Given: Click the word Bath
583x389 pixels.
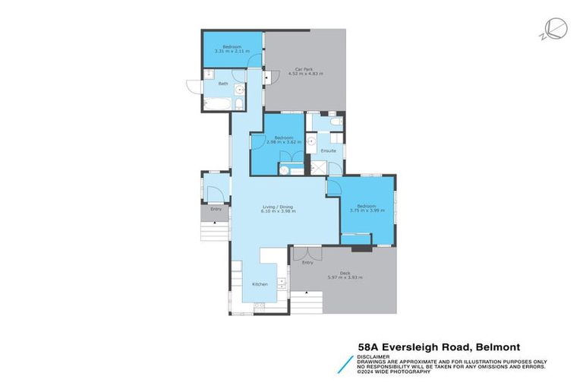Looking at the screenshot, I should tap(223, 84).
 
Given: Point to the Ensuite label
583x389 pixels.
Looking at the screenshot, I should tap(328, 150).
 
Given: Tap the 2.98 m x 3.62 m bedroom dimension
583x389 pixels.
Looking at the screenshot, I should tap(277, 142).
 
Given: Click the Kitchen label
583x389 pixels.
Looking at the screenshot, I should tap(260, 283).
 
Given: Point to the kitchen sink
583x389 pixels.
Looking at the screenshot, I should tap(282, 283).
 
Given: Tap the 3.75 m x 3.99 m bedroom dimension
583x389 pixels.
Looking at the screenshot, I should tap(367, 210).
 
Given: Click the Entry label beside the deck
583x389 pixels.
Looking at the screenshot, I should tap(307, 263).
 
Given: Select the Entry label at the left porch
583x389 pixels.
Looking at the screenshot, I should tap(216, 209).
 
